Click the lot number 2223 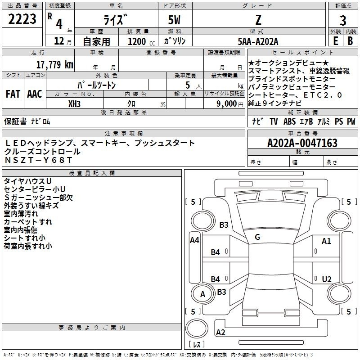pyautogui.click(x=22, y=19)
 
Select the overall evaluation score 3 pyautogui.click(x=343, y=21)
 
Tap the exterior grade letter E pyautogui.click(x=335, y=41)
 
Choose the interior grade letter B pyautogui.click(x=350, y=41)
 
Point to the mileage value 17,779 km pyautogui.click(x=55, y=64)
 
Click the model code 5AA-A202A pyautogui.click(x=258, y=41)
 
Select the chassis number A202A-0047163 pyautogui.click(x=302, y=143)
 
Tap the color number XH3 pyautogui.click(x=74, y=104)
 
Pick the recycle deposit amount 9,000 pyautogui.click(x=227, y=104)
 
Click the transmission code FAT pyautogui.click(x=13, y=94)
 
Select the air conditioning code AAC pyautogui.click(x=35, y=94)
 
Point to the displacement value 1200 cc pyautogui.click(x=141, y=41)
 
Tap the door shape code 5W pyautogui.click(x=174, y=20)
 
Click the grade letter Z pyautogui.click(x=258, y=20)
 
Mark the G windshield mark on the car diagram pyautogui.click(x=257, y=237)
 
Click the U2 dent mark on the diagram pyautogui.click(x=327, y=279)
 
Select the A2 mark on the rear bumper pyautogui.click(x=220, y=332)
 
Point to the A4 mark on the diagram pyautogui.click(x=194, y=240)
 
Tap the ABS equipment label pyautogui.click(x=289, y=121)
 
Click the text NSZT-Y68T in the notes pyautogui.click(x=39, y=160)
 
